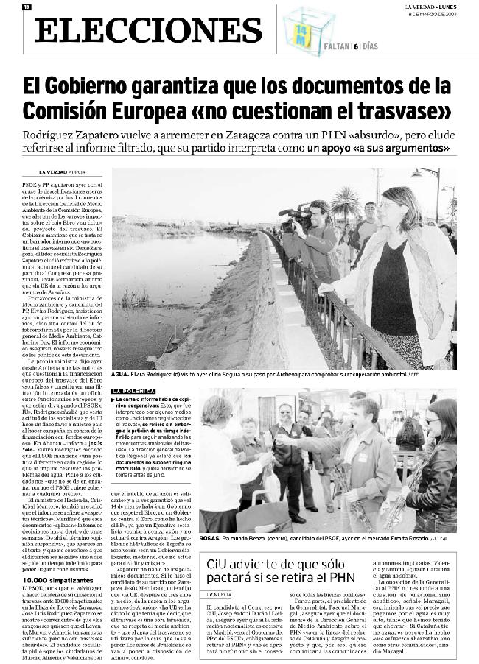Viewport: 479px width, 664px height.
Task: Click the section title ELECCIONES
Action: click(148, 30)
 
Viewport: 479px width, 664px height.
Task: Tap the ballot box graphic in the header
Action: click(308, 28)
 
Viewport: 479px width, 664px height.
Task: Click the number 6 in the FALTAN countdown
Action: click(355, 46)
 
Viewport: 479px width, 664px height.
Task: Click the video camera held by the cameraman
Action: click(295, 216)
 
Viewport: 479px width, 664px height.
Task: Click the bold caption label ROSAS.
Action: click(210, 539)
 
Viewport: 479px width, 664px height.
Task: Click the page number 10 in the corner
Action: click(27, 7)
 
